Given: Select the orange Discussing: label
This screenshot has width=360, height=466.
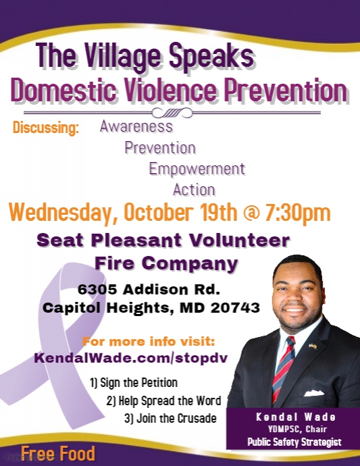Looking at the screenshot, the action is point(46,128).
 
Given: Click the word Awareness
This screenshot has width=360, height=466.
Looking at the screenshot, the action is point(136,126).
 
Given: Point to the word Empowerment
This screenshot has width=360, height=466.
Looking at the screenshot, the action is point(197,169).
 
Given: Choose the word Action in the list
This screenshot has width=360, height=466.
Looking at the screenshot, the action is point(194,190).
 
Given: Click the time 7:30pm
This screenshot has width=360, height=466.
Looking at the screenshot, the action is point(297,212).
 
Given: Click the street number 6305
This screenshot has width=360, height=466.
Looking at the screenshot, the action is point(97,290).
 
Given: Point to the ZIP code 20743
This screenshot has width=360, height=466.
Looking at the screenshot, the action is point(235,308).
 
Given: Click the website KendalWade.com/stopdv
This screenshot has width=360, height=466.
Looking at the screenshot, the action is point(131,358).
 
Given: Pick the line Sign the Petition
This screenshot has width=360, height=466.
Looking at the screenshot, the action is point(134,383).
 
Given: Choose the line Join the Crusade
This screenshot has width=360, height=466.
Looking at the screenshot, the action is point(170,419).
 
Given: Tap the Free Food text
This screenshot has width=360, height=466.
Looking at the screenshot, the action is point(58,454).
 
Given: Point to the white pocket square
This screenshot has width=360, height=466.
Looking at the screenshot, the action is point(314,393).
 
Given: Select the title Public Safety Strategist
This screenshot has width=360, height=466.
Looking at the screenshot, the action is point(294,442).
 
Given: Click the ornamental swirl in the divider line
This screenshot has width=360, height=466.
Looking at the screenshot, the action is point(172,113).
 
